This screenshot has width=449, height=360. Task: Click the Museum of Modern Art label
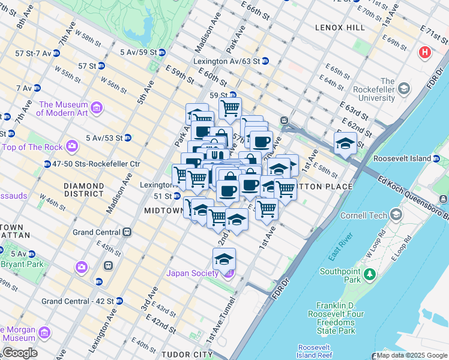[63, 108]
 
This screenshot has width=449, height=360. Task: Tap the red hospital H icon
[426, 53]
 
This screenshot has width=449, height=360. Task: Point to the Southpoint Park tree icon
[370, 274]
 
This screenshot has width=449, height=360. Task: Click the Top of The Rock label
[34, 146]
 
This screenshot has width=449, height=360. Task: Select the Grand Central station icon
[127, 232]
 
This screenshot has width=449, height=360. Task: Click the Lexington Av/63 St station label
[226, 61]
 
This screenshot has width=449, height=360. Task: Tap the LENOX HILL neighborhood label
[340, 28]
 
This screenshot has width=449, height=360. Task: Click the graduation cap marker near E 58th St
[345, 143]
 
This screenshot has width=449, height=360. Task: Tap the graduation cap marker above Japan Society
[224, 259]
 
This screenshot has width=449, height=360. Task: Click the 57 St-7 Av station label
[33, 53]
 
